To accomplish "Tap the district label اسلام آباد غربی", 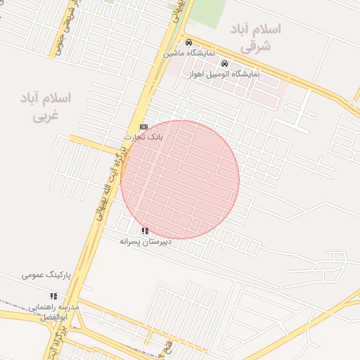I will click(x=47, y=106).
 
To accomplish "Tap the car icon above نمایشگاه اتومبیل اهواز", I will click(x=224, y=64).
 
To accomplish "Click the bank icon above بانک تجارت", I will click(x=144, y=127).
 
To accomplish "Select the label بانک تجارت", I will click(x=144, y=136).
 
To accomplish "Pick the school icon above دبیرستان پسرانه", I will click(x=145, y=231).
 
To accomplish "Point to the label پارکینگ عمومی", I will click(x=43, y=274).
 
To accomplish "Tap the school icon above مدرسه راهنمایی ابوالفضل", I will click(x=53, y=297).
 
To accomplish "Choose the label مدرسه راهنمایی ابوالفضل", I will click(x=54, y=312).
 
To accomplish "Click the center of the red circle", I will click(x=180, y=179).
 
